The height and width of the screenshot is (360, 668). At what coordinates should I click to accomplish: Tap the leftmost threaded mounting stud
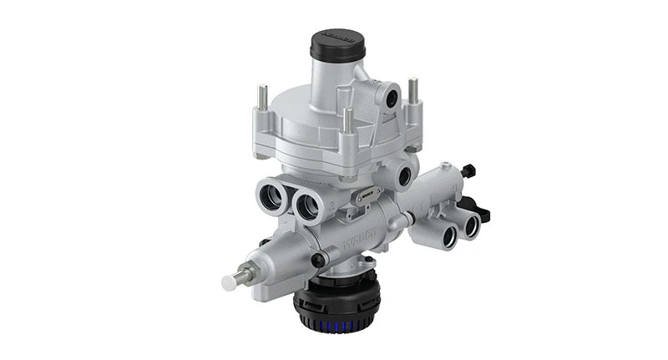(262, 97)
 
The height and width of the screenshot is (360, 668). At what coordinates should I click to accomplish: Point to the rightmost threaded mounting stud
(412, 89)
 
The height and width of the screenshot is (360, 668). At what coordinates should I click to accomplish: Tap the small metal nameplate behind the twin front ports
(363, 196)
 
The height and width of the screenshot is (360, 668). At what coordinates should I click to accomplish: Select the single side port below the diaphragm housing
(405, 177)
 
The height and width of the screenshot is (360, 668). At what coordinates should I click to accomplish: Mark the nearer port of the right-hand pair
(449, 236)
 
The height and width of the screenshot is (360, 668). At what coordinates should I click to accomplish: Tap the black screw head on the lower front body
(318, 259)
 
